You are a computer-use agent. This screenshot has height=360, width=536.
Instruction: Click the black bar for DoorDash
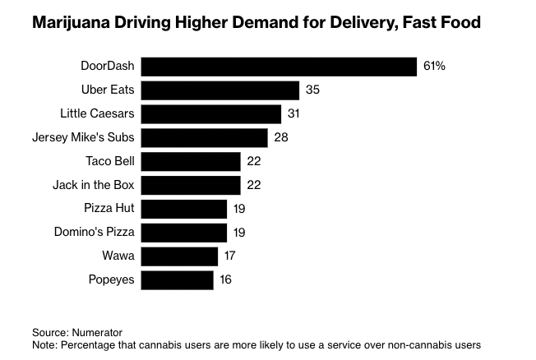tap(279, 67)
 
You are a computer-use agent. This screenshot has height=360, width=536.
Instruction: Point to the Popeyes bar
tap(177, 280)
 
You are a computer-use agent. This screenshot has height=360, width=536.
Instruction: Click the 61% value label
tap(434, 67)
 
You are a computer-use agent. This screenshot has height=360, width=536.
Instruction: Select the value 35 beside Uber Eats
tap(312, 90)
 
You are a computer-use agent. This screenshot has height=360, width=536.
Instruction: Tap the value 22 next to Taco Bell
tap(253, 161)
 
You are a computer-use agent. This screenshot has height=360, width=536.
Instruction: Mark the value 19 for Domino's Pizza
tap(238, 233)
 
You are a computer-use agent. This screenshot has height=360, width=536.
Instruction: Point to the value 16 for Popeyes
tap(225, 280)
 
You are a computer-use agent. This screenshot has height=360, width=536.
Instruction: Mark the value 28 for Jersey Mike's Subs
tap(281, 137)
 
